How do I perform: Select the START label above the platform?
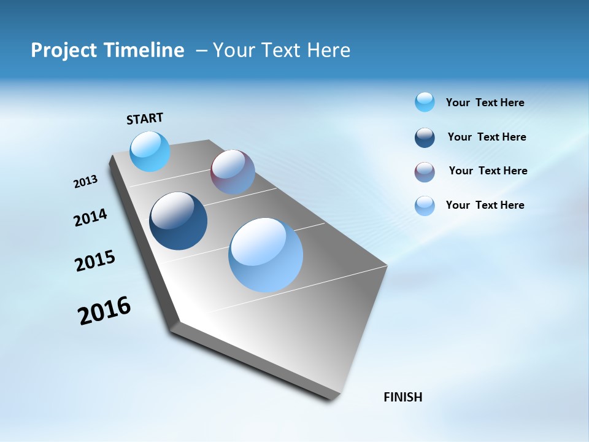pyautogui.click(x=145, y=118)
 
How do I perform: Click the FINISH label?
pyautogui.click(x=402, y=397)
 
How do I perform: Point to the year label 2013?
pyautogui.click(x=85, y=182)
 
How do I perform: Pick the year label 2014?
pyautogui.click(x=91, y=218)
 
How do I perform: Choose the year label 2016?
pyautogui.click(x=104, y=311)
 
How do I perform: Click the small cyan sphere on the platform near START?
pyautogui.click(x=150, y=152)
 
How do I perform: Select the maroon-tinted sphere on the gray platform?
pyautogui.click(x=233, y=172)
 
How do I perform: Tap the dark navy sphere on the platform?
pyautogui.click(x=179, y=221)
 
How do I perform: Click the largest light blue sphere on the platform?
pyautogui.click(x=266, y=255)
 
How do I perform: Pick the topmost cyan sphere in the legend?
pyautogui.click(x=425, y=102)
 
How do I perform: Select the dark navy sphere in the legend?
pyautogui.click(x=425, y=138)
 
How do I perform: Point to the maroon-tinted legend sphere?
pyautogui.click(x=425, y=172)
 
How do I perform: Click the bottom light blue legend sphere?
pyautogui.click(x=425, y=206)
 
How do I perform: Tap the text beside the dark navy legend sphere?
pyautogui.click(x=487, y=137)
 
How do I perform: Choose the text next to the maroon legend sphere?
pyautogui.click(x=488, y=171)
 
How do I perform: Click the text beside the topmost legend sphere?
pyautogui.click(x=485, y=103)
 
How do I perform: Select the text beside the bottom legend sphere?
pyautogui.click(x=485, y=205)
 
